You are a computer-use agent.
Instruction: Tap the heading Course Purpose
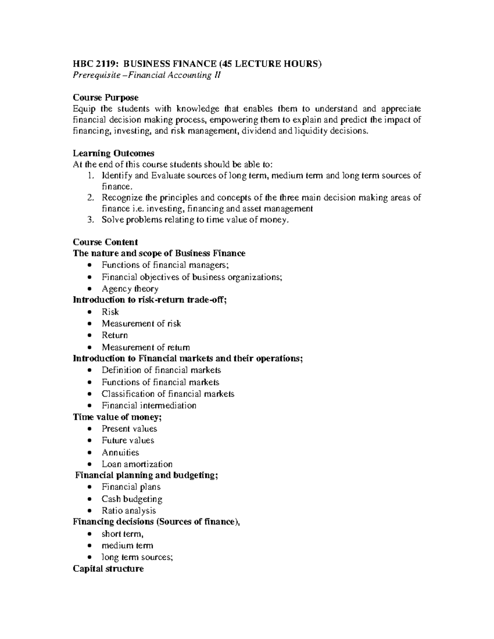click(105, 98)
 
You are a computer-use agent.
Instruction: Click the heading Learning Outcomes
click(113, 153)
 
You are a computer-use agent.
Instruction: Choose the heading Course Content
click(105, 242)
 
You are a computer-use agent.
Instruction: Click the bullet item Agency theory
click(130, 289)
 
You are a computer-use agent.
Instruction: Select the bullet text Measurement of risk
click(141, 324)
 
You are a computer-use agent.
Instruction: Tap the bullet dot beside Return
click(90, 336)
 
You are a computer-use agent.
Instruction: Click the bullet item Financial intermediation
click(149, 406)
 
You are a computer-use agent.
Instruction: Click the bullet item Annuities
click(120, 453)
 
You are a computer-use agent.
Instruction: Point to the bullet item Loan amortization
click(137, 464)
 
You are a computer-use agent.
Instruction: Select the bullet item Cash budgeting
click(132, 499)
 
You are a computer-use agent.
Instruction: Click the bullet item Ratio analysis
click(128, 511)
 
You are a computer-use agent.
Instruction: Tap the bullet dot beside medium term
click(90, 546)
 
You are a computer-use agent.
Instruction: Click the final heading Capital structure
click(108, 569)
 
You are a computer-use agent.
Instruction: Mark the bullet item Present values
click(129, 429)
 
